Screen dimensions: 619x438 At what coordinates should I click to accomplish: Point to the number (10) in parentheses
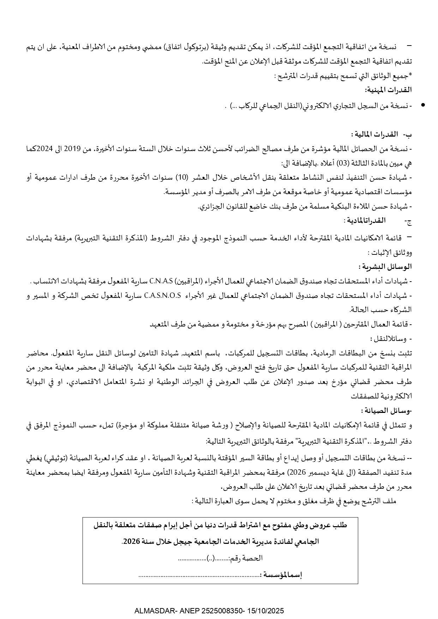pos(193,178)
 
